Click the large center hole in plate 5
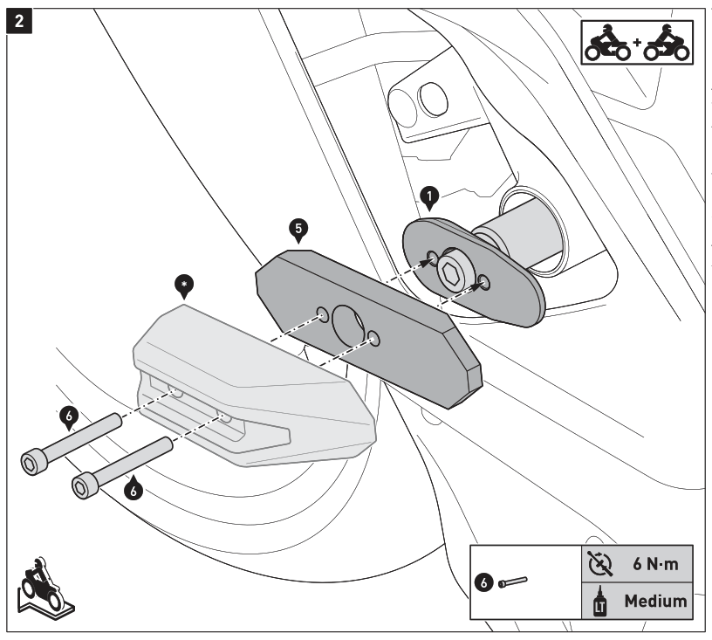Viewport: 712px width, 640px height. (347, 325)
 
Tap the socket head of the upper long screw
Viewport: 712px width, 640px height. (32, 461)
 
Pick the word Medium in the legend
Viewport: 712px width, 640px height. (655, 601)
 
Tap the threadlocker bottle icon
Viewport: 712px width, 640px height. (600, 601)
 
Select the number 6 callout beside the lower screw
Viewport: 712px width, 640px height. (133, 489)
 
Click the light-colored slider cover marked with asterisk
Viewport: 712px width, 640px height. (253, 384)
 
